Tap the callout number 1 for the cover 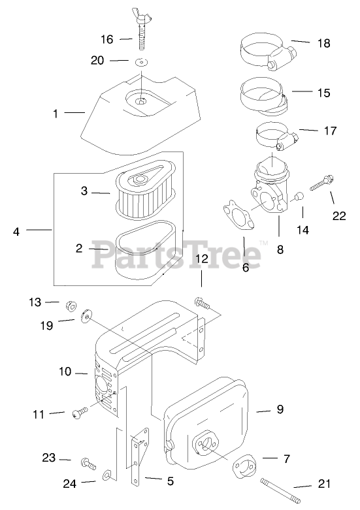(56, 114)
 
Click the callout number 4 (16, 232)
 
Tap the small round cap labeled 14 (299, 197)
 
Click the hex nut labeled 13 (71, 306)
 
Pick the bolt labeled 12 (202, 303)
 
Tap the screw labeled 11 (80, 413)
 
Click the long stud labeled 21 (280, 490)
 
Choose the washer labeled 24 (108, 475)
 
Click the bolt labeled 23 (88, 463)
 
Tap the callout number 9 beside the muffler (280, 409)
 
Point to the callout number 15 (323, 93)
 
